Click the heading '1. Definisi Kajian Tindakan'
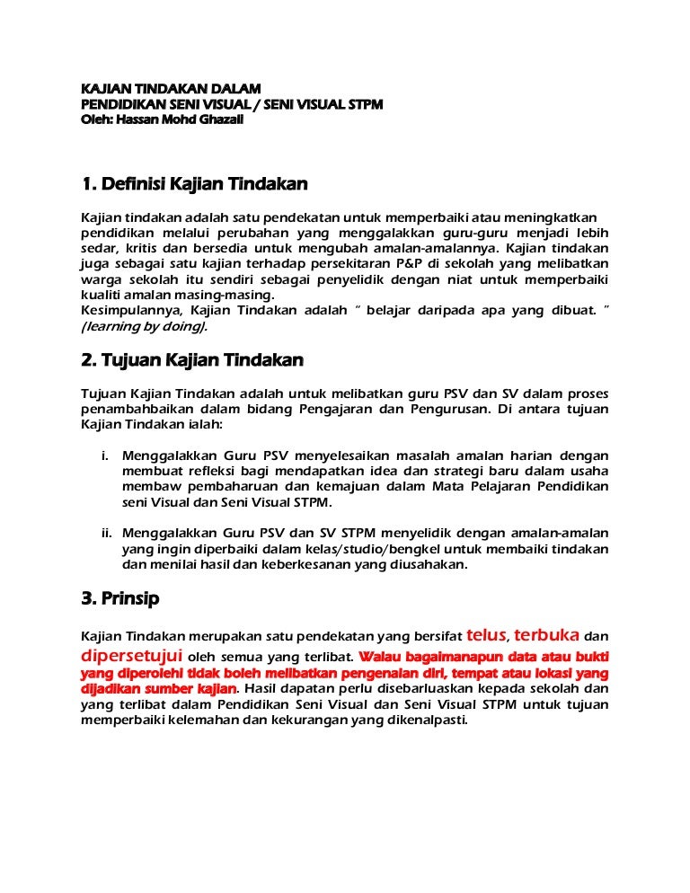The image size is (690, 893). click(x=194, y=184)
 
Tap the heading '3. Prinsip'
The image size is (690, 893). click(x=120, y=597)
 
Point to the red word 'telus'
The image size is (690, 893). click(x=486, y=634)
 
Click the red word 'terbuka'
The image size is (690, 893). click(x=545, y=634)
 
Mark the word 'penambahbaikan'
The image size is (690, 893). click(x=135, y=409)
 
